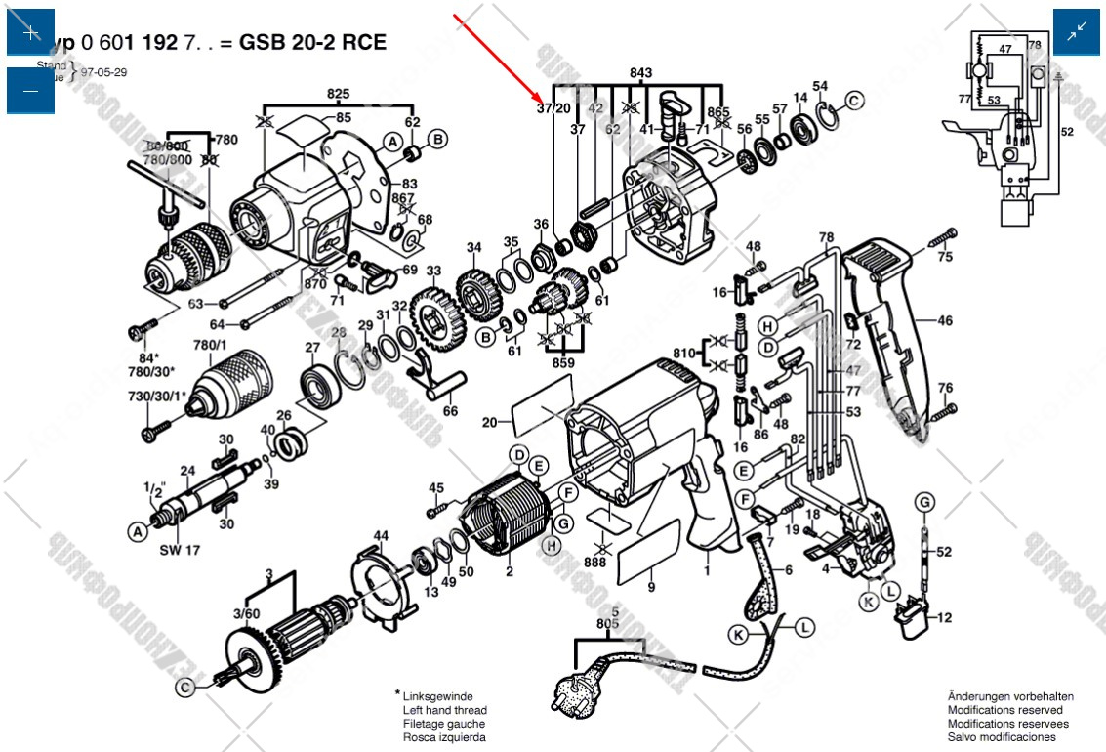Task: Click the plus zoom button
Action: pyautogui.click(x=30, y=32)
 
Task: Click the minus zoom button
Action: pyautogui.click(x=30, y=91)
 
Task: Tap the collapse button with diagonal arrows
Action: pyautogui.click(x=1077, y=32)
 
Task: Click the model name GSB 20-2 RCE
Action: pyautogui.click(x=312, y=42)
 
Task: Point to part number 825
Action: pyautogui.click(x=338, y=94)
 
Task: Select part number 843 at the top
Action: pyautogui.click(x=640, y=73)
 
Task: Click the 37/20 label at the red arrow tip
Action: pyautogui.click(x=553, y=108)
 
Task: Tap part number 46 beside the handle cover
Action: pyautogui.click(x=945, y=320)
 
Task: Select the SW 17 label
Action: pyautogui.click(x=180, y=550)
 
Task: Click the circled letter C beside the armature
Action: pyautogui.click(x=185, y=689)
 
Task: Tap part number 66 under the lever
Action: pyautogui.click(x=449, y=411)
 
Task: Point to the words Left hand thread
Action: pyautogui.click(x=444, y=710)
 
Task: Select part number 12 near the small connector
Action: pyautogui.click(x=944, y=617)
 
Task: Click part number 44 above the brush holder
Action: pyautogui.click(x=381, y=535)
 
